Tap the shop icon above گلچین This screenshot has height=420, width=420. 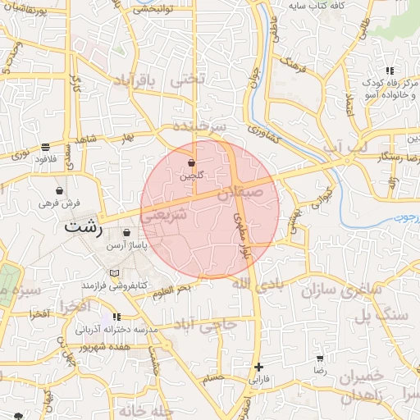pyautogui.click(x=191, y=162)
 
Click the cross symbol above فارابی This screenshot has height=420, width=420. pyautogui.click(x=259, y=367)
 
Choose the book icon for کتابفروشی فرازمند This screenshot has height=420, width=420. pyautogui.click(x=114, y=272)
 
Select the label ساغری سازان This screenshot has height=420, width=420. pyautogui.click(x=329, y=290)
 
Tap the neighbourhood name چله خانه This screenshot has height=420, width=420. pyautogui.click(x=148, y=409)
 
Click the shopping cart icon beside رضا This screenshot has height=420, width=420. pyautogui.click(x=319, y=359)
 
